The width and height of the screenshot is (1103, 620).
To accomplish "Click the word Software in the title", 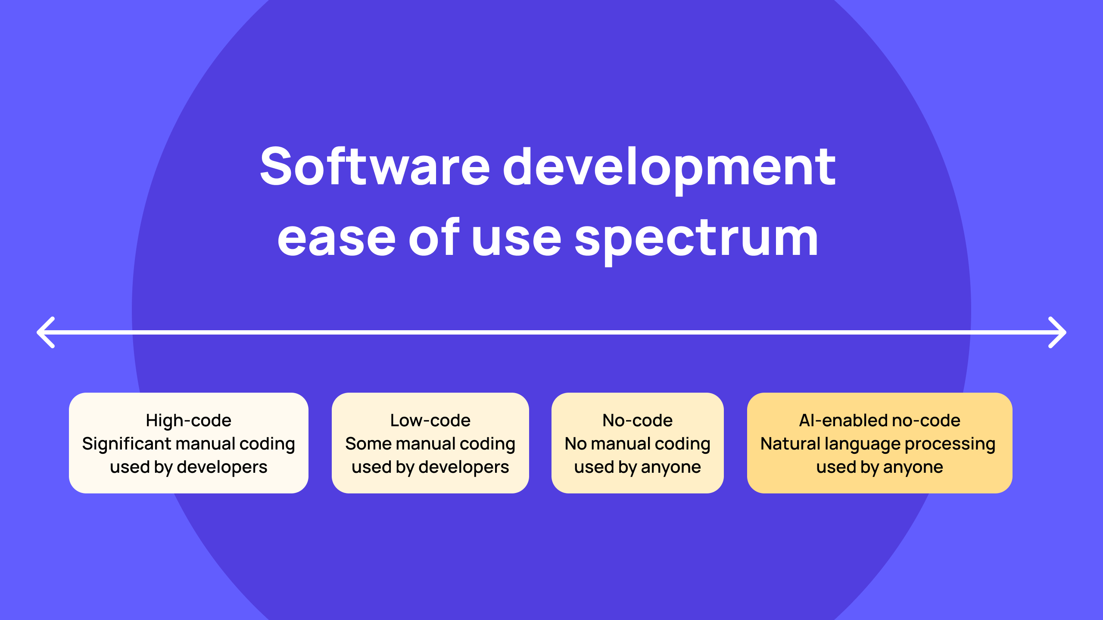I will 375,167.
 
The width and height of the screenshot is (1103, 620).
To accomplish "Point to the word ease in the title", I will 336,238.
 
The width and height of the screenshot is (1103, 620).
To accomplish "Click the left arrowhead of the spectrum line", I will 45,332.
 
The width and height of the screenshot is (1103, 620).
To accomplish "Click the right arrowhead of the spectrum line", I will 1058,332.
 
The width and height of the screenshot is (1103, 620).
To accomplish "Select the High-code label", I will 188,420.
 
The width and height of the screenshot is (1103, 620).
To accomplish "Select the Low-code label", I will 430,420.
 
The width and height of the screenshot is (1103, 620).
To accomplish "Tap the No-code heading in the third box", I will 637,420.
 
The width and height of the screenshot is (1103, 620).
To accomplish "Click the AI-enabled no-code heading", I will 879,420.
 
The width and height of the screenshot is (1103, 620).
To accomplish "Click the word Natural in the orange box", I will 790,444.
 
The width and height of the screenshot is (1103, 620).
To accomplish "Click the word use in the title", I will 516,238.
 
